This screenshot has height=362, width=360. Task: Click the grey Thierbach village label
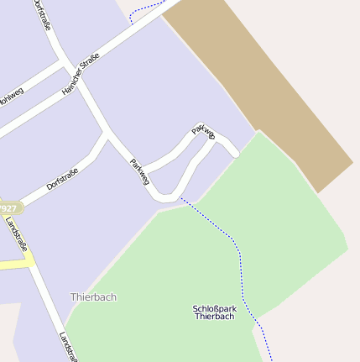pyautogui.click(x=93, y=297)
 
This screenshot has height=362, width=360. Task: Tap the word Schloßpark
pyautogui.click(x=214, y=308)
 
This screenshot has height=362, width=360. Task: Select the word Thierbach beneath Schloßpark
pyautogui.click(x=214, y=317)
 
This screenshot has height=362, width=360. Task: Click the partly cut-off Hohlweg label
pyautogui.click(x=10, y=99)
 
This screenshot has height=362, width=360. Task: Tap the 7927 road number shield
pyautogui.click(x=8, y=207)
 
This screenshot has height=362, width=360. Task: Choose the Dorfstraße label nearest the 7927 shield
pyautogui.click(x=62, y=179)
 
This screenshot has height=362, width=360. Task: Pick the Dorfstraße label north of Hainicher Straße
pyautogui.click(x=41, y=14)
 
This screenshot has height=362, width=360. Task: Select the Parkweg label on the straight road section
pyautogui.click(x=139, y=171)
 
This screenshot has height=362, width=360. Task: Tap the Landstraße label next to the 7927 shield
pyautogui.click(x=16, y=234)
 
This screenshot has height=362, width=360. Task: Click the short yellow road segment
pyautogui.click(x=16, y=264)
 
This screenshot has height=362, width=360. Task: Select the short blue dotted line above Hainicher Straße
pyautogui.click(x=148, y=12)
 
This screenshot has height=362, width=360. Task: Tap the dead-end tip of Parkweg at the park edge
pyautogui.click(x=236, y=153)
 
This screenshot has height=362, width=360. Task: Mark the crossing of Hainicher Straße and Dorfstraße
pyautogui.click(x=65, y=62)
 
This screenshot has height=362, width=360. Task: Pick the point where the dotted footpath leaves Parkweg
pyautogui.click(x=179, y=198)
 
